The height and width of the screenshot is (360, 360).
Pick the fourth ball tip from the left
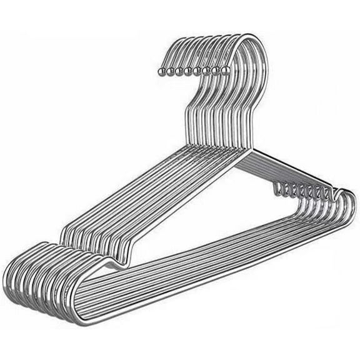187,71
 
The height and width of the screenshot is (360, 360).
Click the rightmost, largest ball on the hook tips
226,70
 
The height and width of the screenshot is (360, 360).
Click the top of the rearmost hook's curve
187,42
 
